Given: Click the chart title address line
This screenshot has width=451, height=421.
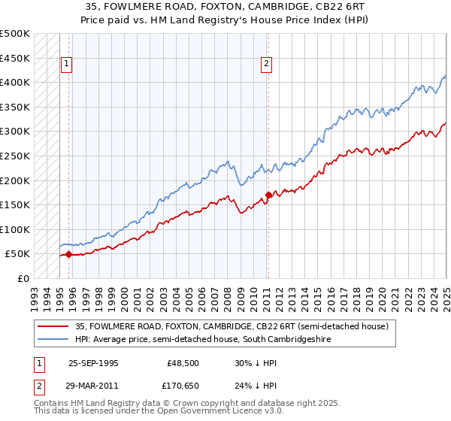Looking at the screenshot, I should (x=225, y=7).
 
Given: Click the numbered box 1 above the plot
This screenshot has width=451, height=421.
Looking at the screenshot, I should (x=67, y=65).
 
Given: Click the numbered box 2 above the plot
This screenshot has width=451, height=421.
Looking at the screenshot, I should (x=267, y=65).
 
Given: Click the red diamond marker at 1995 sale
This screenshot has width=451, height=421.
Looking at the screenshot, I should (x=68, y=254).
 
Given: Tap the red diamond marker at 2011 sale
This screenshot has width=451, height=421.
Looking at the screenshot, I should (x=268, y=195).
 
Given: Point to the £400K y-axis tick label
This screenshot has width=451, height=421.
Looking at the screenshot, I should (x=15, y=82).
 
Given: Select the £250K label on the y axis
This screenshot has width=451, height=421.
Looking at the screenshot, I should (x=15, y=156).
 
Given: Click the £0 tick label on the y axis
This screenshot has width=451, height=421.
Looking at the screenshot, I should (x=23, y=278).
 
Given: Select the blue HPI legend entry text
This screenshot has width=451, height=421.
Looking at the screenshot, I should (x=202, y=340).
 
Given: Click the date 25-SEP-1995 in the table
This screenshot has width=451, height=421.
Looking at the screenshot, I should (x=93, y=363).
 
